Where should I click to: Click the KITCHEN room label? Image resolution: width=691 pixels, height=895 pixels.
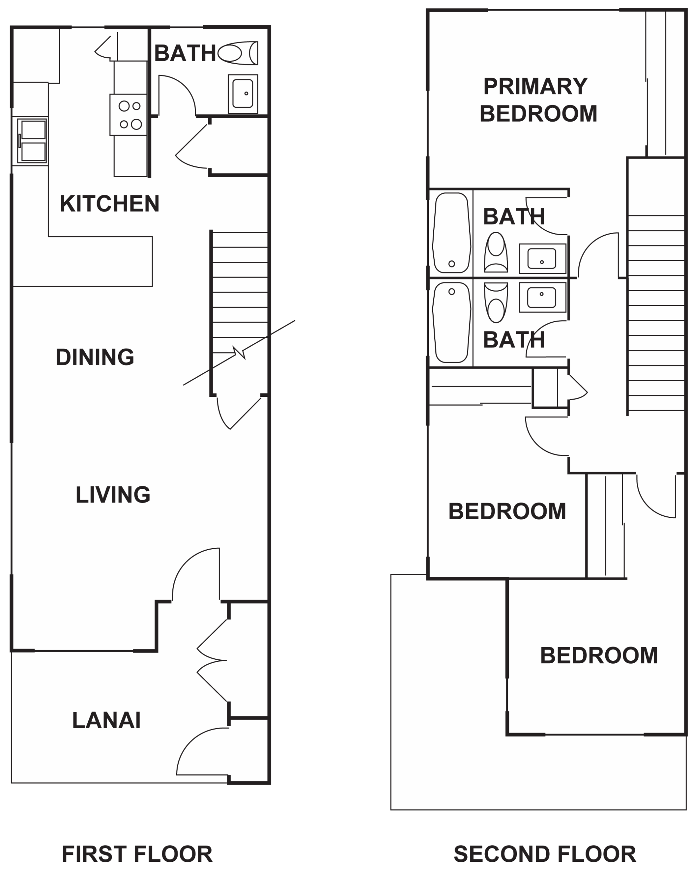109,204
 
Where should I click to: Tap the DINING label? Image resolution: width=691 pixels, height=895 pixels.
95,357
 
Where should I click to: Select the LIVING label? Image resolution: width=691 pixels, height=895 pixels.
113,495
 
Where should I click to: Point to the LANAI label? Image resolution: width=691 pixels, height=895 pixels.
107,721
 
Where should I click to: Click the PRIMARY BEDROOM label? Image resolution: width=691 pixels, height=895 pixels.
538,100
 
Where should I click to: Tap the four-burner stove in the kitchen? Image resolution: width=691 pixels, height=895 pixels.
128,115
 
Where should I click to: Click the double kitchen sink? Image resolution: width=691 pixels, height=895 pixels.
33,141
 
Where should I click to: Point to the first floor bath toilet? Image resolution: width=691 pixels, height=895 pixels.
238,53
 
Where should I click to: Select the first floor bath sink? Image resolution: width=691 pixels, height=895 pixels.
243,94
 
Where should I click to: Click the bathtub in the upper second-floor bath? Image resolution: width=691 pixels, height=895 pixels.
452,233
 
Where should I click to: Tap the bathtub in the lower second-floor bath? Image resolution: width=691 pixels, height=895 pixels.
452,322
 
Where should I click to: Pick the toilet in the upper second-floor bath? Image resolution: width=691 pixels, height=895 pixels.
496,252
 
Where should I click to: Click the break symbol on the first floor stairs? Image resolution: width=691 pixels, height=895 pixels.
239,353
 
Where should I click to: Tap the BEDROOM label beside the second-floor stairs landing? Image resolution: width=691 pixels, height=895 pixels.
507,511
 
